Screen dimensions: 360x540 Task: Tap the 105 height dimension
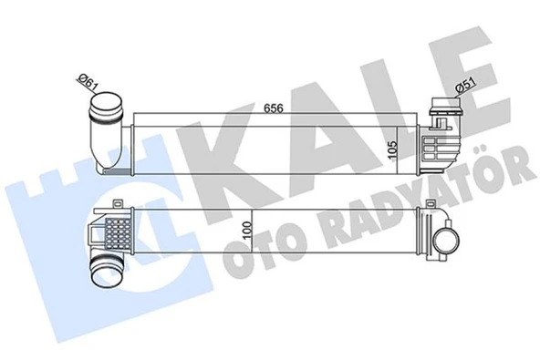(x=389, y=149)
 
